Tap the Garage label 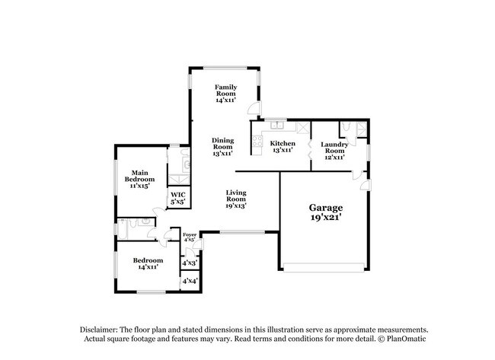(325, 207)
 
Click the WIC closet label (177, 195)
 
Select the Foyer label (190, 234)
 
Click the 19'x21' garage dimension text (325, 218)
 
